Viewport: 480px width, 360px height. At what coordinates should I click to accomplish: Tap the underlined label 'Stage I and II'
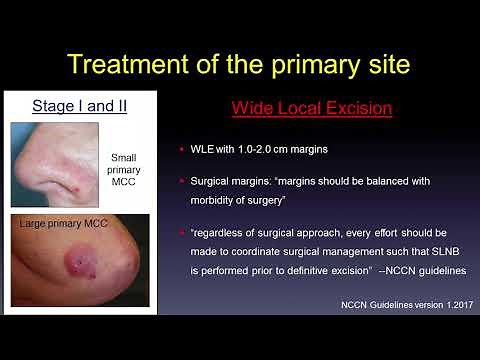click(79, 104)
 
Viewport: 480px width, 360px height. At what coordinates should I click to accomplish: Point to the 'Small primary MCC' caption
click(129, 169)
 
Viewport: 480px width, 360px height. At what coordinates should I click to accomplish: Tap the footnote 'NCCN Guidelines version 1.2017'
click(395, 302)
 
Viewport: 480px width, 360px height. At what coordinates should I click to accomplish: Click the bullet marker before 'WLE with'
click(183, 150)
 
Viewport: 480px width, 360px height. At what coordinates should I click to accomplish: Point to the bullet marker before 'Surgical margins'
click(183, 182)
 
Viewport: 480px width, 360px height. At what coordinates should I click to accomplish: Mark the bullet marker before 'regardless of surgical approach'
click(183, 232)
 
